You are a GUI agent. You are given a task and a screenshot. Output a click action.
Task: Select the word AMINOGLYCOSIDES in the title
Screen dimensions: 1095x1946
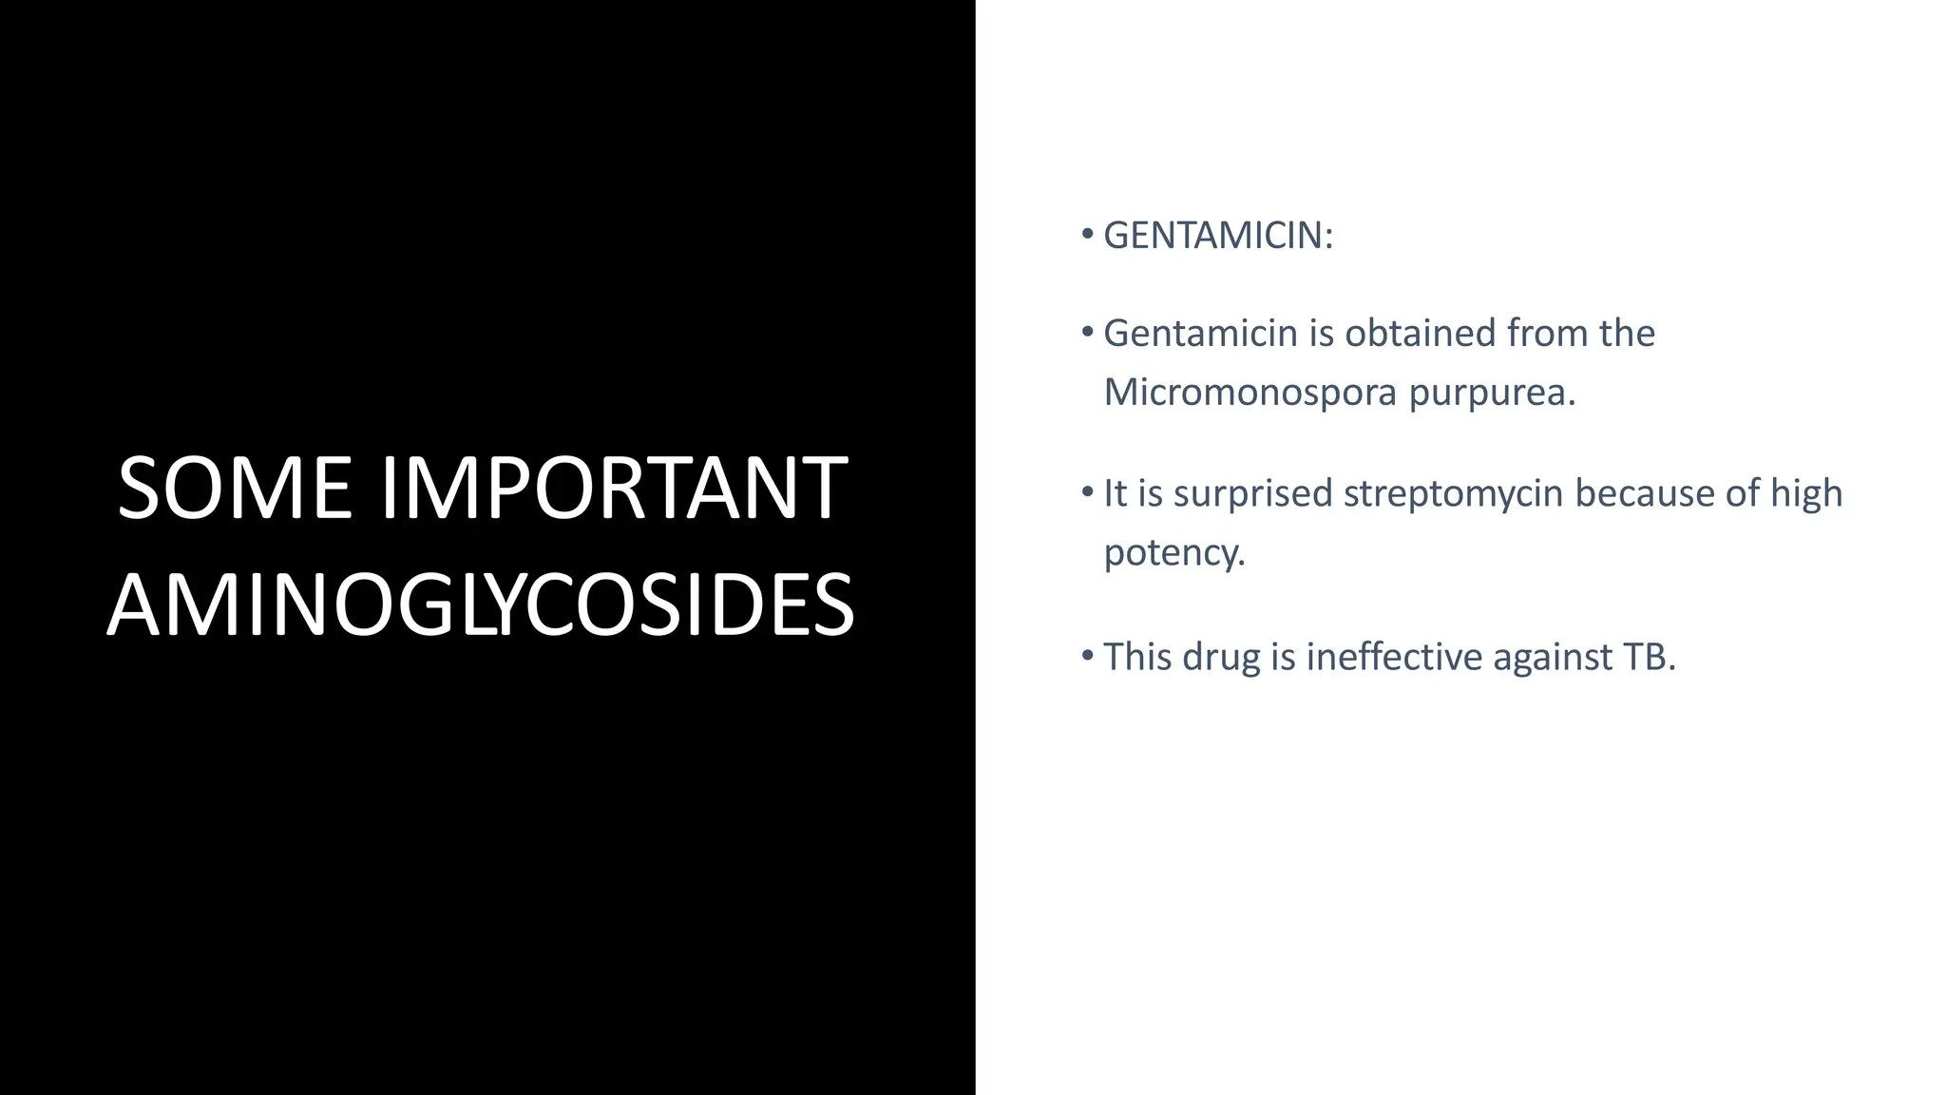[481, 605]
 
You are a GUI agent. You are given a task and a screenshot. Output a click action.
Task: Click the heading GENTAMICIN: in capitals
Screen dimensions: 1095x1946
[1218, 236]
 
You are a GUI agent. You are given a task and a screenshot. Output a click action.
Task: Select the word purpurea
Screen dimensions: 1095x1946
[1491, 392]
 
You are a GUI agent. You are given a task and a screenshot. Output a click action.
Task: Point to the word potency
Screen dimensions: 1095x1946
[1173, 552]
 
